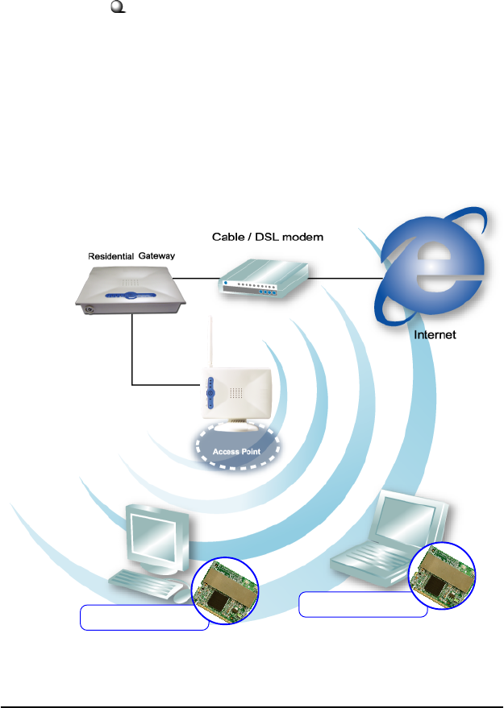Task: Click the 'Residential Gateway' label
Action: [131, 255]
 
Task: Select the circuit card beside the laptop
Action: [443, 574]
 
